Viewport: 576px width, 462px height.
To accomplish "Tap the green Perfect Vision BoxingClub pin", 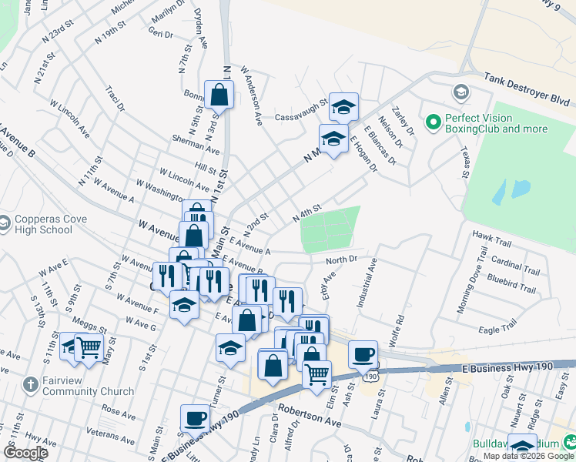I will click(433, 122).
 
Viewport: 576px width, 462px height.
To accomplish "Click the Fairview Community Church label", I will click(78, 386).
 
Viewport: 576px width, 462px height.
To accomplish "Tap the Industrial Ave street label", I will click(367, 283).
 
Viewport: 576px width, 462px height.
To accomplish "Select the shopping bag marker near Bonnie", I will click(219, 95).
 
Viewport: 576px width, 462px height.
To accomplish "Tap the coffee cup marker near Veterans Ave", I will click(194, 419).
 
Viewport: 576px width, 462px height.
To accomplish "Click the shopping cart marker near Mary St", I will click(89, 348).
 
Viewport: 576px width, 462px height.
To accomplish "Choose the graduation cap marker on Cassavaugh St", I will click(343, 108).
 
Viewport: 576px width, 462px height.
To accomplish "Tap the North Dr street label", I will click(342, 260).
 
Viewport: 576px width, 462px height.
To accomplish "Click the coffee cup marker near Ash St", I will click(363, 354).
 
